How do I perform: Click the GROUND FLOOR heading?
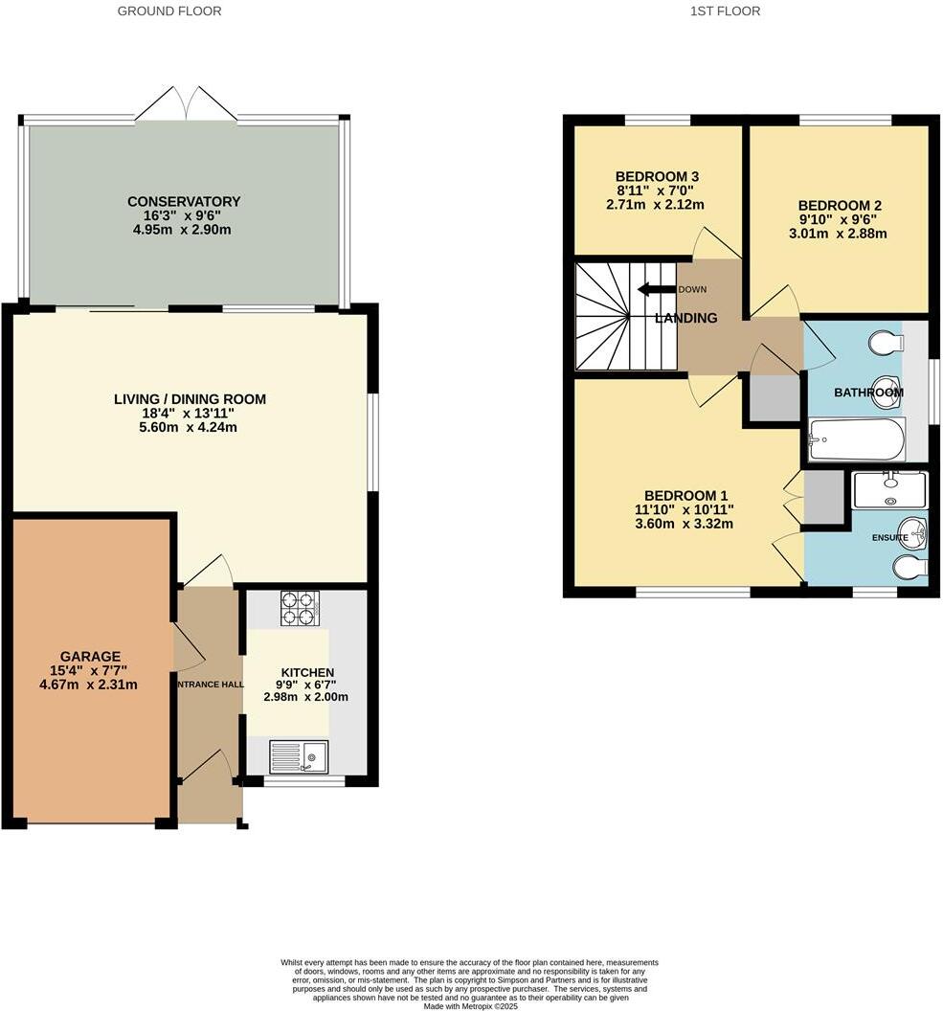tap(169, 11)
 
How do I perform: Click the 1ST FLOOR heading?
tap(725, 11)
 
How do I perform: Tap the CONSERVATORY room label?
tap(184, 202)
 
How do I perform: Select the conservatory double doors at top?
tap(185, 103)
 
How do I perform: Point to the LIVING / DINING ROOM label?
tap(190, 399)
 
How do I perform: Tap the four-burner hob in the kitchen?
tap(299, 608)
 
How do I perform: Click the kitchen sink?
tap(299, 757)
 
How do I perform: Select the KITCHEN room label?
tap(307, 673)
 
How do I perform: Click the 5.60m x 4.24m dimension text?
tap(190, 427)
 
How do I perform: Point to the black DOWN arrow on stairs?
tap(657, 289)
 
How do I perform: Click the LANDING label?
tap(685, 318)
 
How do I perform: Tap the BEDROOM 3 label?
tap(657, 176)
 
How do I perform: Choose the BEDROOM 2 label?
tap(840, 205)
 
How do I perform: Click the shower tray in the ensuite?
tap(889, 489)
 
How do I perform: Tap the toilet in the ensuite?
tap(909, 569)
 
